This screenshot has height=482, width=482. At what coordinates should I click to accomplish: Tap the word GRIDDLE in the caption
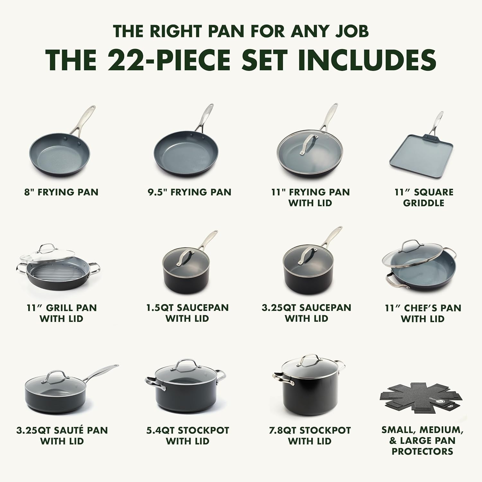[424, 203]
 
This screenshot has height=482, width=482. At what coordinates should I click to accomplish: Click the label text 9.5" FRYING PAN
[189, 192]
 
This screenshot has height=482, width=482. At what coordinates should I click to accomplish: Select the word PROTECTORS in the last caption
[422, 451]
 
